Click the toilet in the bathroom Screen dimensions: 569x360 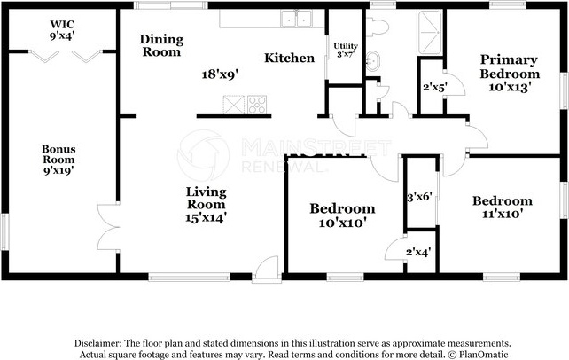tap(377, 27)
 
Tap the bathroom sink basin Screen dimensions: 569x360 tap(372, 61)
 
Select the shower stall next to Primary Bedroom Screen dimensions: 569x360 tap(431, 32)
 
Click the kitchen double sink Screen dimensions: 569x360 tap(297, 19)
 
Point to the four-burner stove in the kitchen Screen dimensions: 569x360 tap(257, 105)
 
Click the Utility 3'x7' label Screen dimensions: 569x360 tap(346, 50)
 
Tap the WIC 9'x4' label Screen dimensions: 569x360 tap(62, 30)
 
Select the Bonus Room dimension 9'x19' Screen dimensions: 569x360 tap(58, 170)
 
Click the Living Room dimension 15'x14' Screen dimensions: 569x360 tap(207, 217)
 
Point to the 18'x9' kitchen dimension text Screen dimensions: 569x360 tap(221, 74)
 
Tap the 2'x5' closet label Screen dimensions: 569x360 tap(434, 87)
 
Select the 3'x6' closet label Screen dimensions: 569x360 tap(419, 197)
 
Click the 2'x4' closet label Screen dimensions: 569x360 tap(418, 252)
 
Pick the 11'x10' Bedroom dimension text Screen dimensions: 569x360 tap(503, 214)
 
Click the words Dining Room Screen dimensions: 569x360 tap(161, 45)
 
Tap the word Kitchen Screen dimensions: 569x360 tap(289, 58)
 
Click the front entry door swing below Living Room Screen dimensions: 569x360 tap(267, 269)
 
